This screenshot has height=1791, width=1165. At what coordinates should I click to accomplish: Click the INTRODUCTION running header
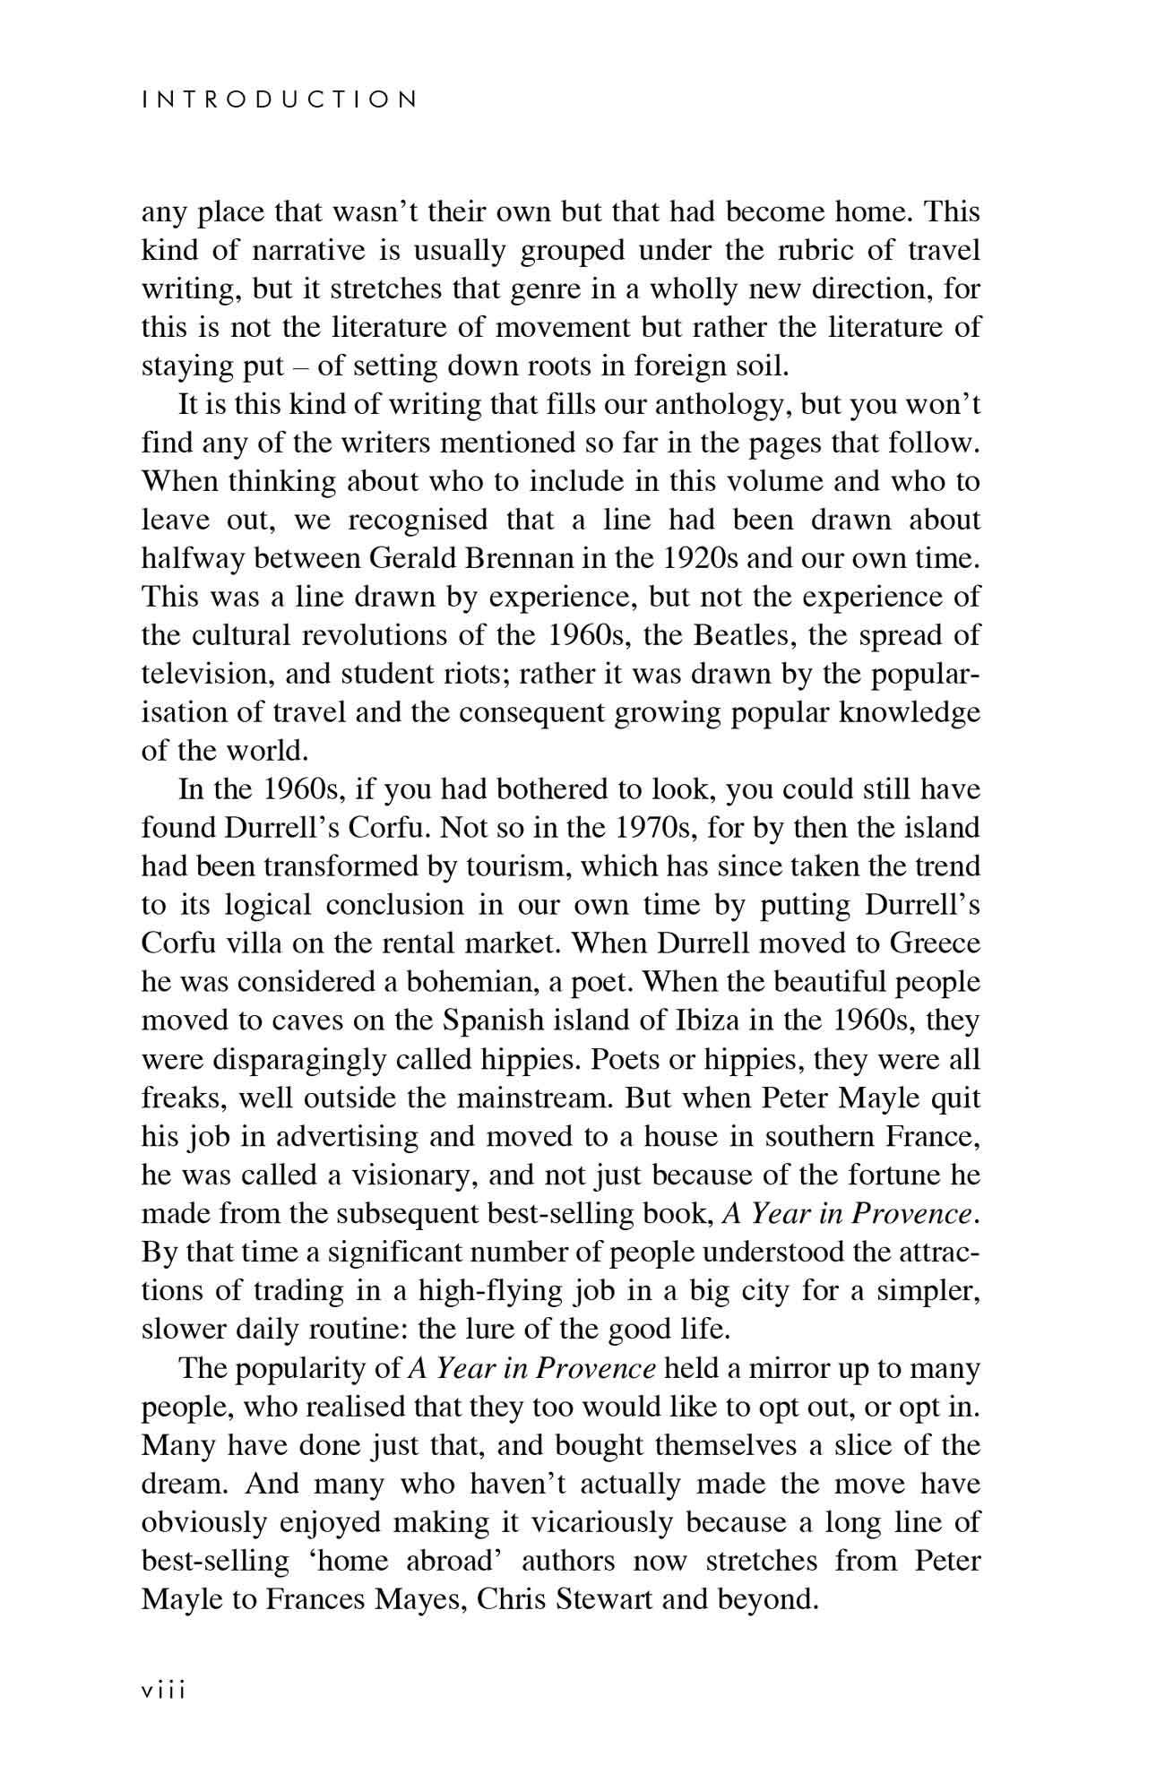point(280,99)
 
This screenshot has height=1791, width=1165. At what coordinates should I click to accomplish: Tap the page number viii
point(162,1691)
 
